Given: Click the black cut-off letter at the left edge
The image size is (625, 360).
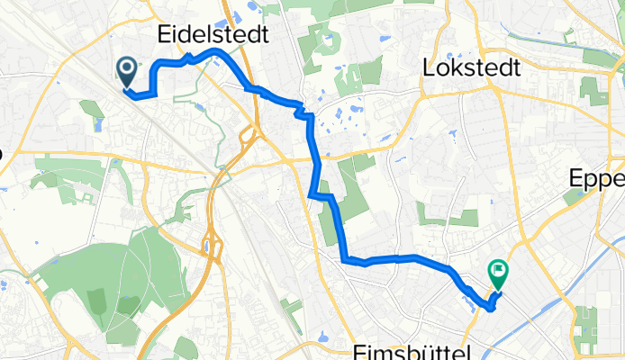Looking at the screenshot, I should (x=2, y=154).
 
